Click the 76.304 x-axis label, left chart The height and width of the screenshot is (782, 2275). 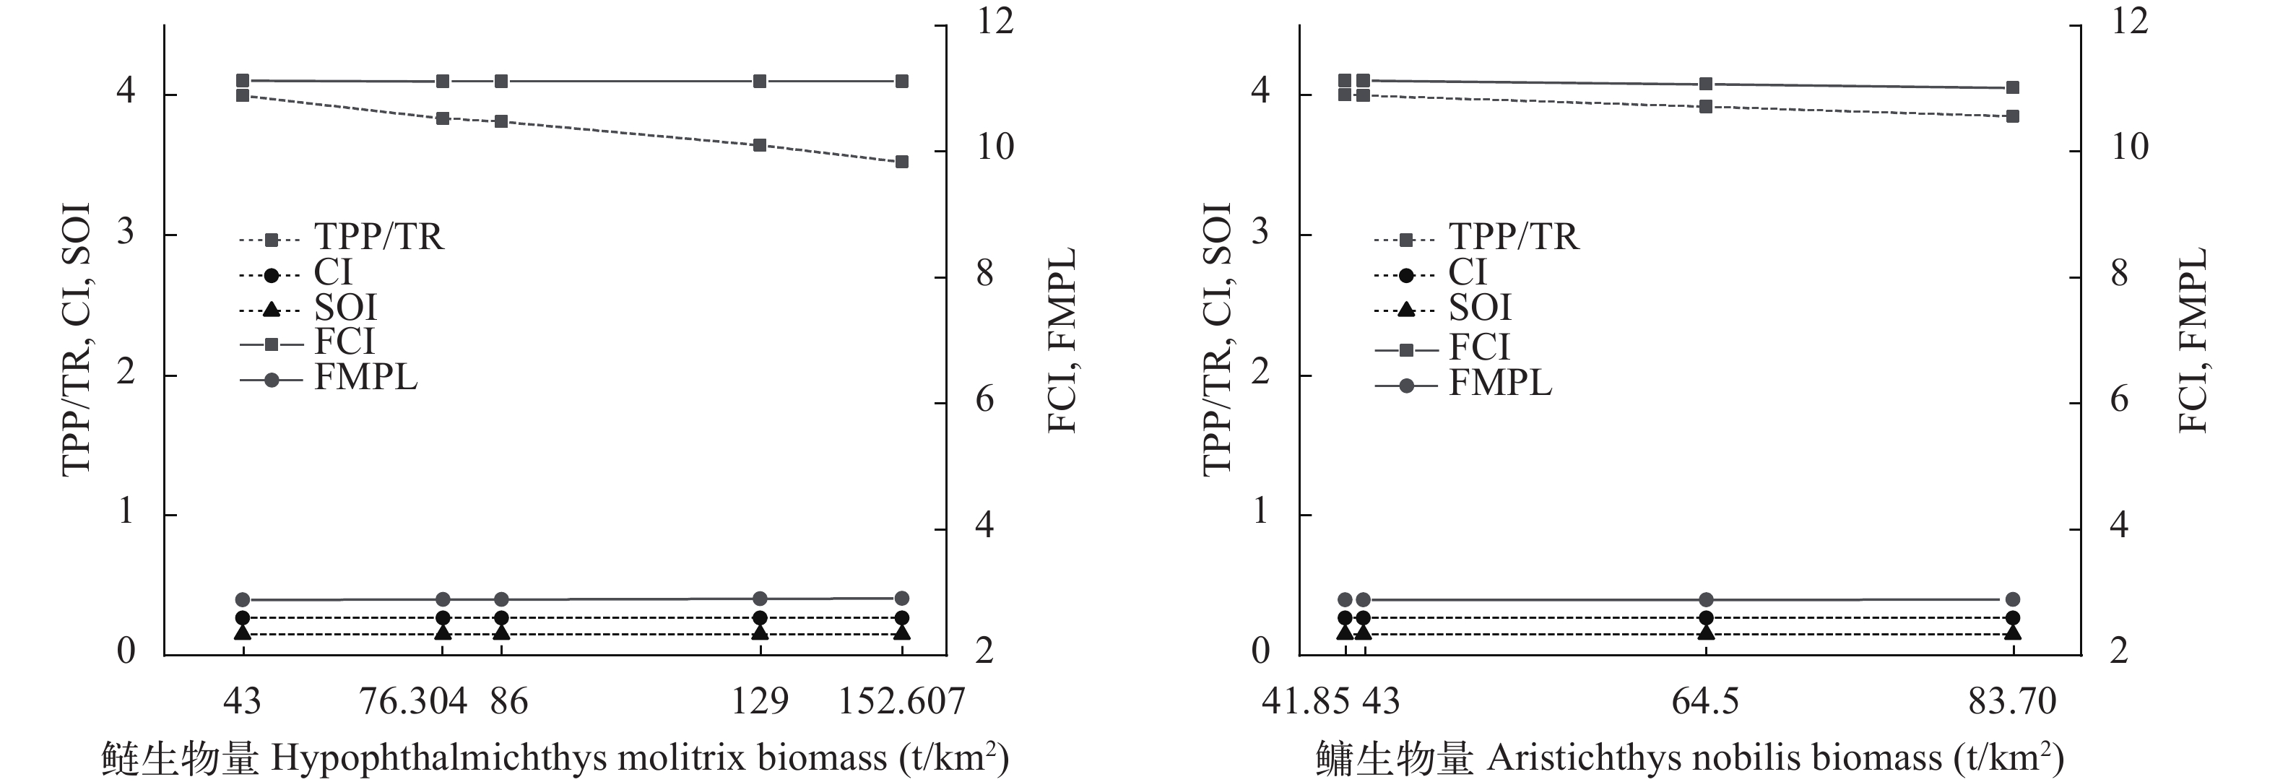click(x=412, y=702)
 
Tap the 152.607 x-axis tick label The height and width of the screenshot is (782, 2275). click(x=901, y=702)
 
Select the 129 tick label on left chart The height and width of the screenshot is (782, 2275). click(x=760, y=702)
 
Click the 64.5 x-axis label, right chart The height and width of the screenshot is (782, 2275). click(x=1705, y=702)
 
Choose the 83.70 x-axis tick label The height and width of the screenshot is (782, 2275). click(x=2012, y=702)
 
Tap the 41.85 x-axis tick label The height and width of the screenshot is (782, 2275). click(x=1305, y=702)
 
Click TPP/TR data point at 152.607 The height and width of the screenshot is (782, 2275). click(x=902, y=162)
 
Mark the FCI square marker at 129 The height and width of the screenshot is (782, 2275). click(x=760, y=81)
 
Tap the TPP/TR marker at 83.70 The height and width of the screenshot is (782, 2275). click(x=2013, y=116)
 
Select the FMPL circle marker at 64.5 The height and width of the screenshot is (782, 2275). click(x=1706, y=599)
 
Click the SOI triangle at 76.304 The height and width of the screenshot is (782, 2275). click(x=443, y=632)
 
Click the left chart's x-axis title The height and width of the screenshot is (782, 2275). click(x=555, y=758)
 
